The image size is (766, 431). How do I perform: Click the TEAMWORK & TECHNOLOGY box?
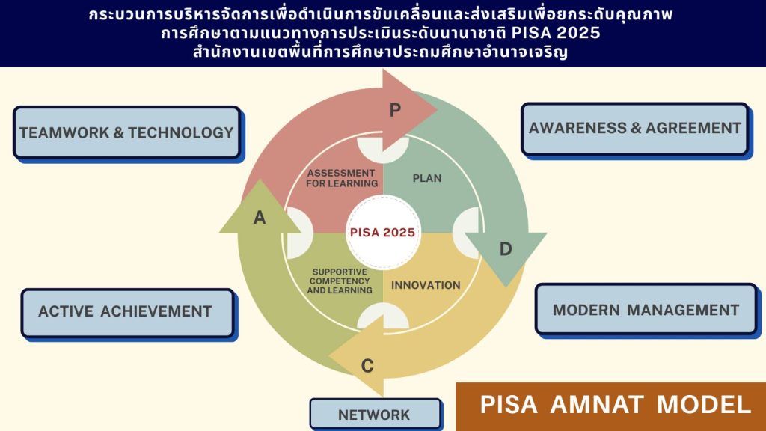(127, 132)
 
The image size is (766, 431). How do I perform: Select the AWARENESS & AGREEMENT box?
(634, 129)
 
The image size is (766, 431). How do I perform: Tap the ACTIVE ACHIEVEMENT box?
(128, 312)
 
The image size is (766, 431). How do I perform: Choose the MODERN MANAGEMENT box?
(646, 309)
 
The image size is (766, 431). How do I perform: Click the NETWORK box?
(376, 415)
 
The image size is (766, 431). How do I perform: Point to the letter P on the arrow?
(395, 111)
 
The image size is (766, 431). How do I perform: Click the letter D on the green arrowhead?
(506, 249)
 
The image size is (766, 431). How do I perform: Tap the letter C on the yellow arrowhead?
(367, 365)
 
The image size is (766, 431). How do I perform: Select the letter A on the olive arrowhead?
(260, 218)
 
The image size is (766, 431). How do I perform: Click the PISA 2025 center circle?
(383, 233)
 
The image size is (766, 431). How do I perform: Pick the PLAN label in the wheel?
(427, 178)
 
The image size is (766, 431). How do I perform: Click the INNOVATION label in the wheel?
(426, 285)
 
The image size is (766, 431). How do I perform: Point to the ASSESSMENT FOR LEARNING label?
(342, 178)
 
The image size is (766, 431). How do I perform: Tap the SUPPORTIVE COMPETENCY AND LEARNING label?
(340, 281)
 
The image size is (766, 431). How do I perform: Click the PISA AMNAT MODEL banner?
(610, 406)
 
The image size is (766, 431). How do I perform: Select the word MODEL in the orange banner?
(704, 405)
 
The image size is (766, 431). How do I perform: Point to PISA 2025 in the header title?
(556, 33)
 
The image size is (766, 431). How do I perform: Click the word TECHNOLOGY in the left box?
(181, 132)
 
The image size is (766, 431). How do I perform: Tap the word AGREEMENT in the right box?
(693, 128)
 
